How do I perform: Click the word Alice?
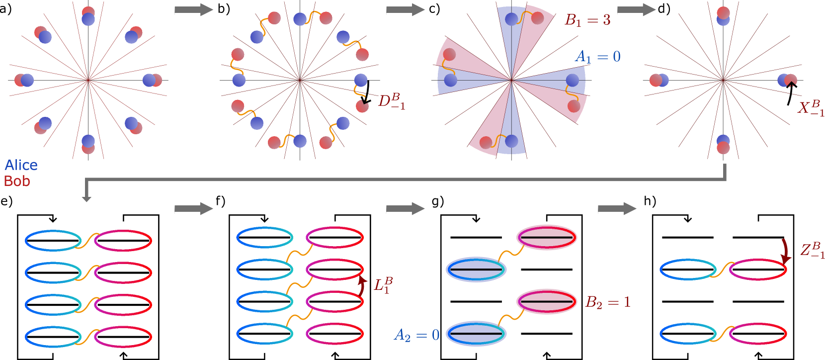pyautogui.click(x=21, y=165)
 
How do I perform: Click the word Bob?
pyautogui.click(x=17, y=181)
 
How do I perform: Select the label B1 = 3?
pyautogui.click(x=587, y=20)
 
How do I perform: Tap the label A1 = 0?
pyautogui.click(x=598, y=57)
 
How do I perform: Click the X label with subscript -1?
pyautogui.click(x=811, y=108)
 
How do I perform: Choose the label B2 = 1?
pyautogui.click(x=608, y=302)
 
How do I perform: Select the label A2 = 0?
pyautogui.click(x=416, y=335)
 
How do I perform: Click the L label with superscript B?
pyautogui.click(x=383, y=285)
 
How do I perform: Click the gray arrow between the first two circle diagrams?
pyautogui.click(x=194, y=10)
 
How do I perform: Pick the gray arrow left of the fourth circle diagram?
pyautogui.click(x=636, y=10)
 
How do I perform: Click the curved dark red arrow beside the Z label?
pyautogui.click(x=785, y=251)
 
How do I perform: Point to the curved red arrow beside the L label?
pyautogui.click(x=362, y=287)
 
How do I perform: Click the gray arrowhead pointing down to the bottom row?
pyautogui.click(x=86, y=198)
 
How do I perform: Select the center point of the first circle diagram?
pyautogui.click(x=88, y=80)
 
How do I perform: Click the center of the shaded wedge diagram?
pyautogui.click(x=511, y=80)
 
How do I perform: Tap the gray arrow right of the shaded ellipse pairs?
pyautogui.click(x=617, y=209)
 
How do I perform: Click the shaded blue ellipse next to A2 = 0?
pyautogui.click(x=476, y=334)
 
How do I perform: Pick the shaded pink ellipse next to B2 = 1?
pyautogui.click(x=547, y=302)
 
